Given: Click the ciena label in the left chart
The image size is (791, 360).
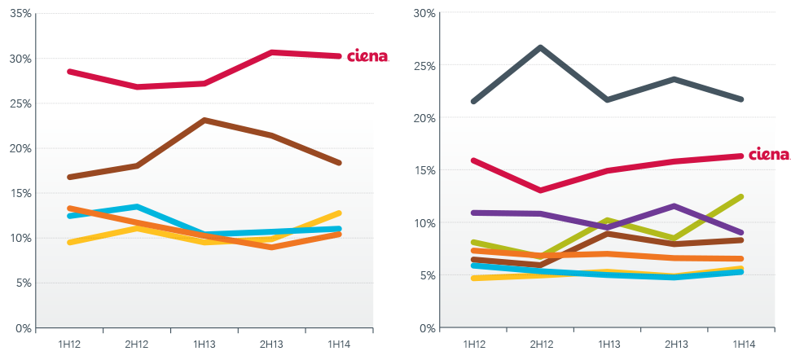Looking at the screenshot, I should pyautogui.click(x=367, y=56).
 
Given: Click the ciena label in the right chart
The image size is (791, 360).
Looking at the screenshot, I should pyautogui.click(x=768, y=155).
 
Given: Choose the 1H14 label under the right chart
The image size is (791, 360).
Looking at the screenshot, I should pyautogui.click(x=743, y=344).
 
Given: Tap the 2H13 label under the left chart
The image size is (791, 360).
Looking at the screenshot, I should pyautogui.click(x=271, y=344).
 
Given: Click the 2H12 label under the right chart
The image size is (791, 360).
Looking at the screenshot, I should pyautogui.click(x=542, y=344).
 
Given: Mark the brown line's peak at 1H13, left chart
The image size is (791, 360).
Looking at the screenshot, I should pyautogui.click(x=204, y=120).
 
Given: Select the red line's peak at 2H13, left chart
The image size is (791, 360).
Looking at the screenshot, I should pyautogui.click(x=271, y=52).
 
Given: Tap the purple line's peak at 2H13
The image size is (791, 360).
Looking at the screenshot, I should pyautogui.click(x=673, y=183).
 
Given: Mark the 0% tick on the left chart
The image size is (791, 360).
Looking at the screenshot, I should pyautogui.click(x=21, y=328).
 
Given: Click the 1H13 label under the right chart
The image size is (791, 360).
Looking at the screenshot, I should pyautogui.click(x=609, y=344).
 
